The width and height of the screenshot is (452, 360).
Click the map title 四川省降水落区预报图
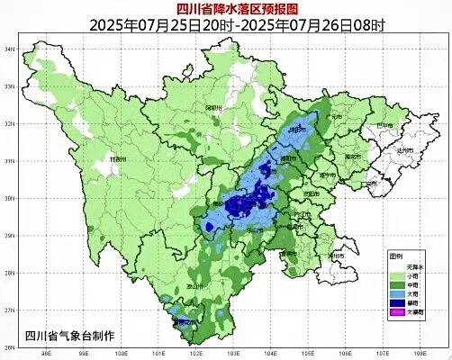click(226, 8)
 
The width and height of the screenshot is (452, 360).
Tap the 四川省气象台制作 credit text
click(70, 336)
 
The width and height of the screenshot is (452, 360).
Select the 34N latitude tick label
click(12, 48)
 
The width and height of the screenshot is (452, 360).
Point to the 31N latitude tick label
click(12, 160)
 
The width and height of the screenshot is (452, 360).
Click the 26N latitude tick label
click(12, 347)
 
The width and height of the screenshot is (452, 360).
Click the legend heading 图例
click(397, 256)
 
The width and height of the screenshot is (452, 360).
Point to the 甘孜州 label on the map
click(115, 158)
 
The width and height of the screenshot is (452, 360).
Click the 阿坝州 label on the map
click(212, 108)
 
